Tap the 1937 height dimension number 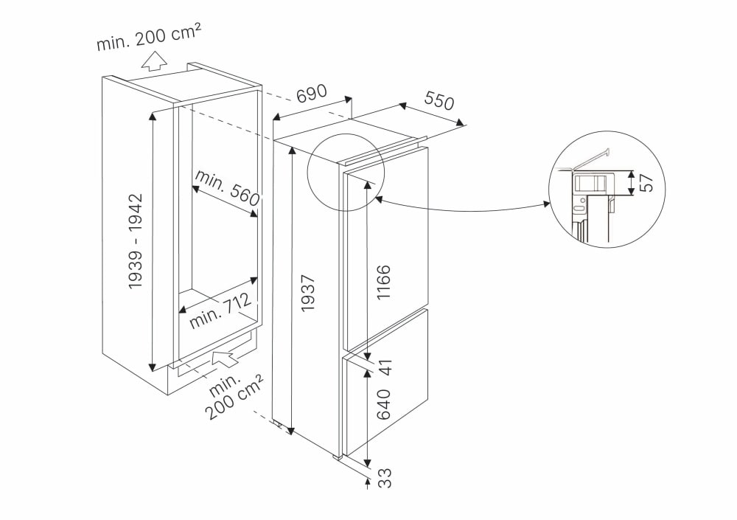point(308,293)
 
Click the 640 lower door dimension point(384,403)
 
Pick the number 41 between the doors point(384,365)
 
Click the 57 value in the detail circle point(646,184)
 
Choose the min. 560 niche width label point(228,188)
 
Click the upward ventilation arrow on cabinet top point(154,61)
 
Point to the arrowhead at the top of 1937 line point(293,151)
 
